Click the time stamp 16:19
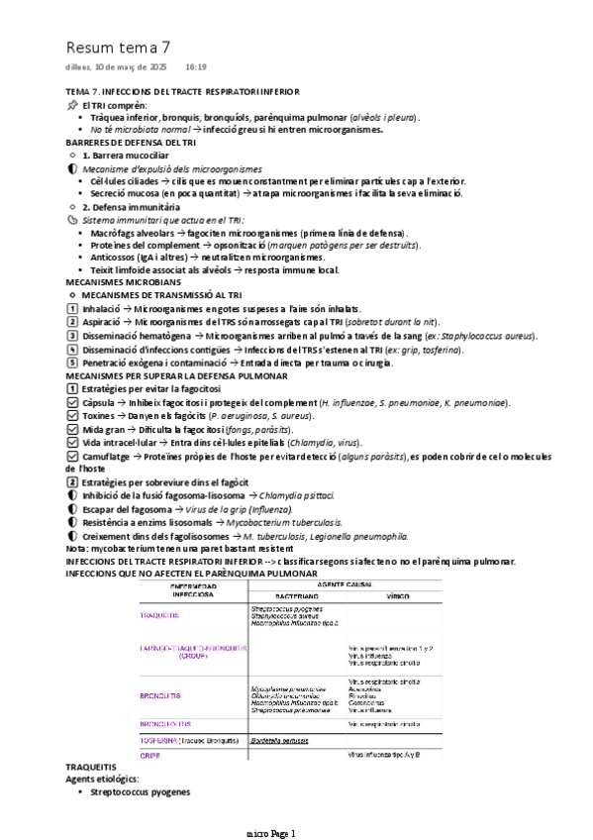(195, 67)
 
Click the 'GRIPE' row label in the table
(150, 755)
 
